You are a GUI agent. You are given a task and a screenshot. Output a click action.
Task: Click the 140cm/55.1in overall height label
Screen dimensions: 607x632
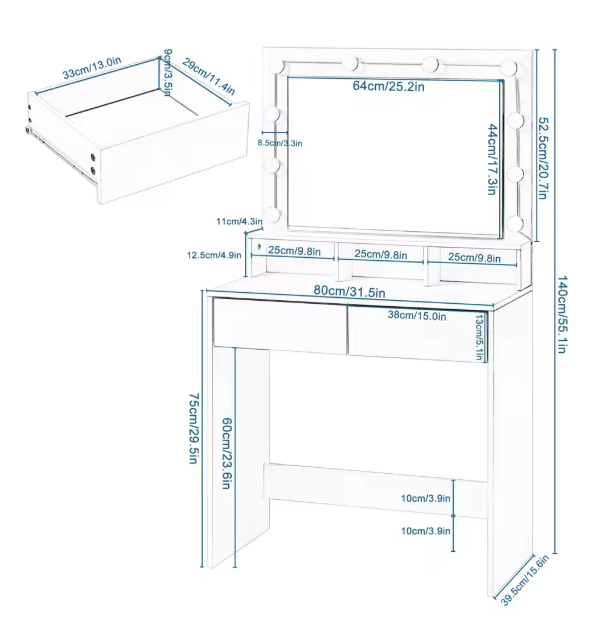coord(562,314)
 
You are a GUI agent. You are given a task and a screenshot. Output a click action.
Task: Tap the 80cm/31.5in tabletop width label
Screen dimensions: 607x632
coord(349,291)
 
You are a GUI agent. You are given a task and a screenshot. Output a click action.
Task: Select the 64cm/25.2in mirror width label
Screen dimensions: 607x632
coord(388,86)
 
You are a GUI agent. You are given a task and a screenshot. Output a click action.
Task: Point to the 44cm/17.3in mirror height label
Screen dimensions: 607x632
coord(492,160)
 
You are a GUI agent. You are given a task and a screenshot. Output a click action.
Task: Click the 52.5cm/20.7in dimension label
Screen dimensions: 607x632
coord(543,158)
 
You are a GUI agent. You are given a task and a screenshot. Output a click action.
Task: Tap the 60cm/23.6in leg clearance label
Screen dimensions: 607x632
coord(227,453)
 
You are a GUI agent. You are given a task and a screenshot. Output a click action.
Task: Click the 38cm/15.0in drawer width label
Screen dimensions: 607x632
coord(417,315)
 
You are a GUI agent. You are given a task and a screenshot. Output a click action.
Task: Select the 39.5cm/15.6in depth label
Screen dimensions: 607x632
coord(525,580)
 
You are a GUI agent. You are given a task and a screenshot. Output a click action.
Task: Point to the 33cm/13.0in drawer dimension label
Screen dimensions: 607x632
coord(92,68)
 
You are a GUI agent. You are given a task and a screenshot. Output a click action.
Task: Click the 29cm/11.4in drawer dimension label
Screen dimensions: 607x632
coord(208,77)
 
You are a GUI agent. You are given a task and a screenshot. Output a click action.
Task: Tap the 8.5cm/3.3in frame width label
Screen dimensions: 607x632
coord(280,143)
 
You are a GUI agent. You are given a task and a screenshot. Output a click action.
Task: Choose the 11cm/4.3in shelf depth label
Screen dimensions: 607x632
coord(239,221)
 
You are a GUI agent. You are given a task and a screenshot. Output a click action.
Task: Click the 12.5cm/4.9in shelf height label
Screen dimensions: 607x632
coord(214,255)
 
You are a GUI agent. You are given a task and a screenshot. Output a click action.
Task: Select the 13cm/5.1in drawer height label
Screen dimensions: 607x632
coord(479,337)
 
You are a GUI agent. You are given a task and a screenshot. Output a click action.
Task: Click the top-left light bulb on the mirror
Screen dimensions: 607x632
coord(279,67)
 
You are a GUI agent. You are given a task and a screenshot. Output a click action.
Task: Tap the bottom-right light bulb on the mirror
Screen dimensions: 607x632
coord(516,223)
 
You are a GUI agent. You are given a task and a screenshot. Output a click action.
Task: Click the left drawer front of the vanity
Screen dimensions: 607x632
coord(280,326)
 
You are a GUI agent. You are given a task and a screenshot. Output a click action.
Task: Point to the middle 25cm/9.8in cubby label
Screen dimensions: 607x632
coord(380,255)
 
